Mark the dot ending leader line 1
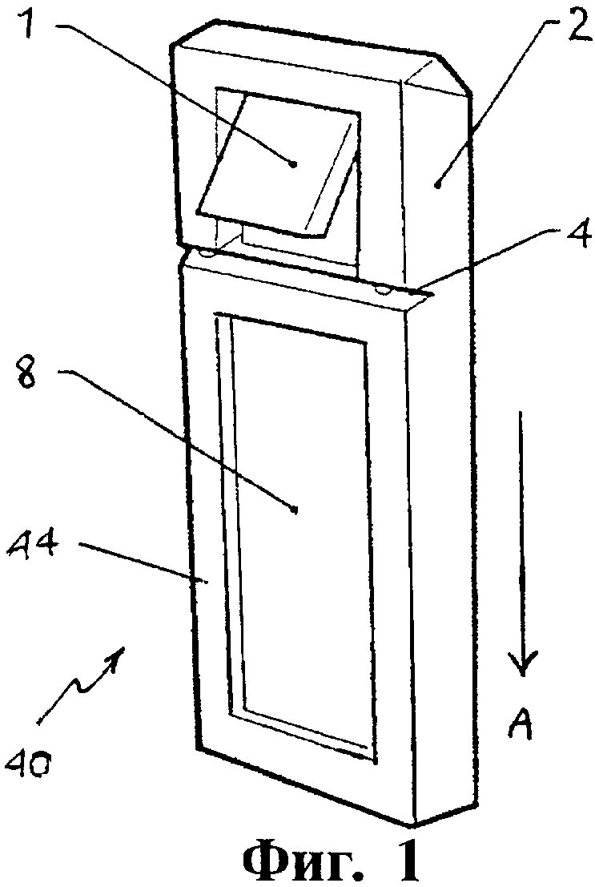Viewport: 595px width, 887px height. [x=293, y=164]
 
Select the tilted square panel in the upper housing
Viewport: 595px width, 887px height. [x=277, y=164]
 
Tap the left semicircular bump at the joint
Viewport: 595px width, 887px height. [x=207, y=255]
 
